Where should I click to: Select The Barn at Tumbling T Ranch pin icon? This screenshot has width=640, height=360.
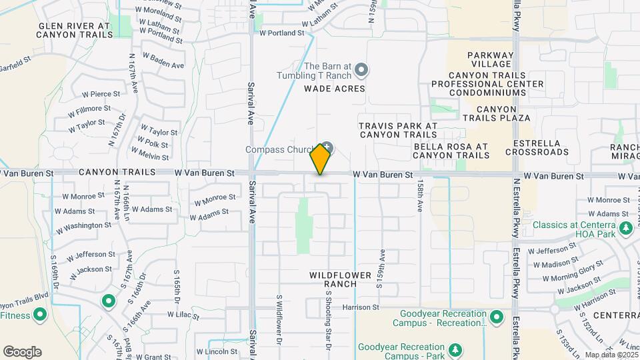click(x=361, y=69)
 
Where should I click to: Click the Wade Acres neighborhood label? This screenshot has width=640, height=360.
click(x=335, y=89)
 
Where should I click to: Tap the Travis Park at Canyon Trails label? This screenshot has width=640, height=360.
click(x=398, y=130)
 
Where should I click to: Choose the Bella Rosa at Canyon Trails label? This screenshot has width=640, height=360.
click(x=451, y=151)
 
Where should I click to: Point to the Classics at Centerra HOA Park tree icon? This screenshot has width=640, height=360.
click(x=625, y=229)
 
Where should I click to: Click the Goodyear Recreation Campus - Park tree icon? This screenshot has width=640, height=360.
click(x=455, y=349)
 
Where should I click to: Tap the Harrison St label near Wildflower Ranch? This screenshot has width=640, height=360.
click(x=361, y=307)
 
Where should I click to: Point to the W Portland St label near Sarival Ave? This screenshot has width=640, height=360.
click(x=281, y=32)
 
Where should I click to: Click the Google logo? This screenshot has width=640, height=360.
click(x=22, y=352)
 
